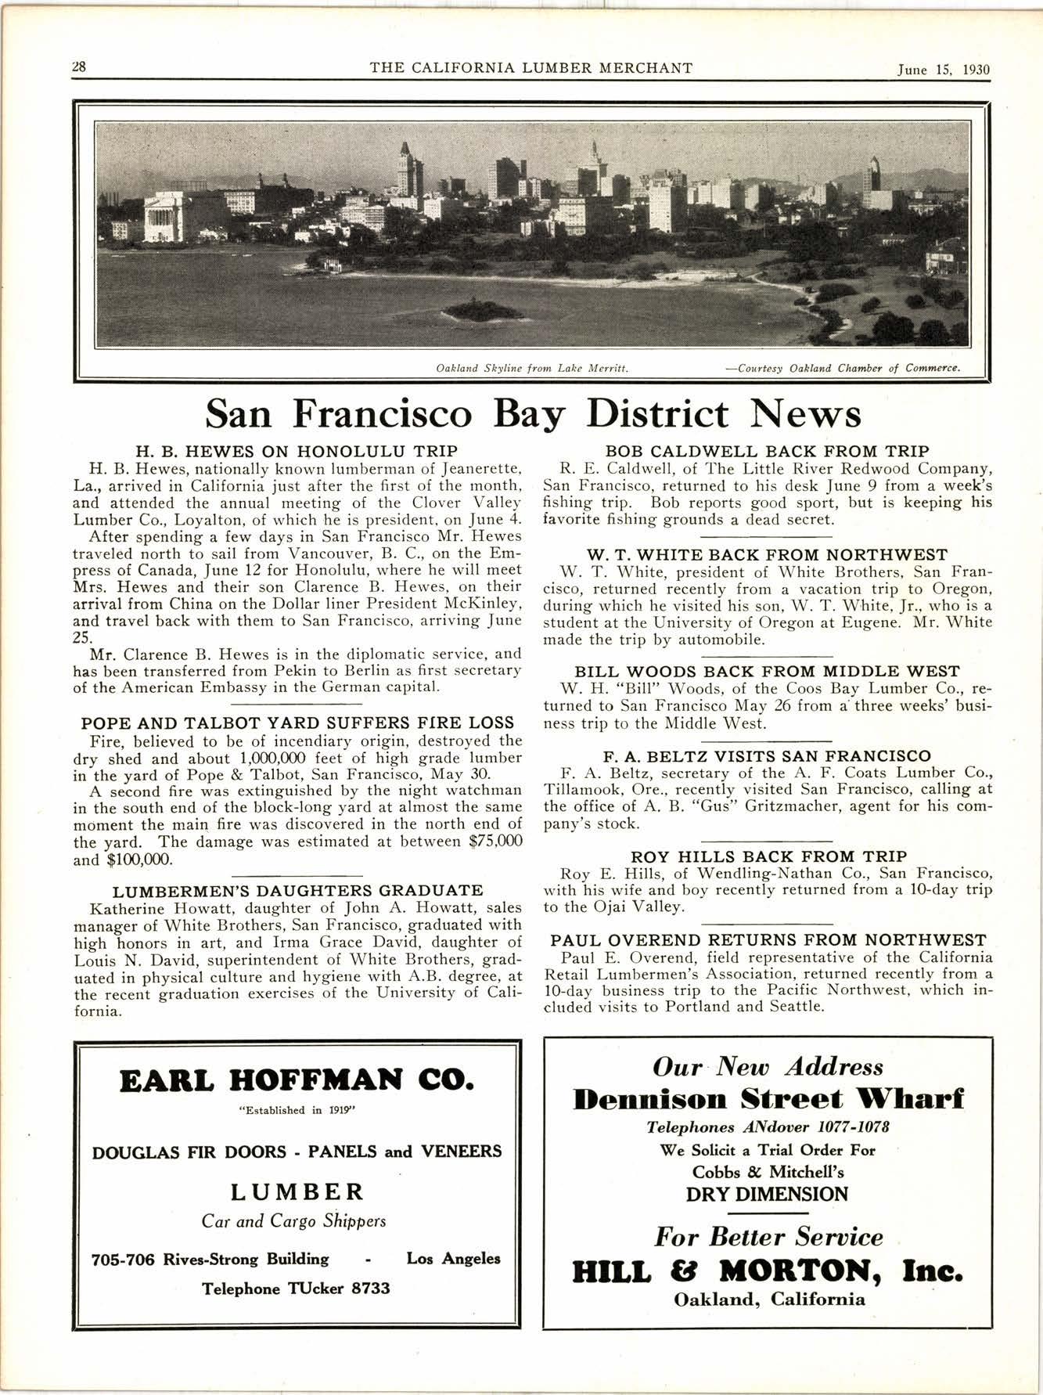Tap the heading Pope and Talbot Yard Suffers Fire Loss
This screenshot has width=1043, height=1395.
297,723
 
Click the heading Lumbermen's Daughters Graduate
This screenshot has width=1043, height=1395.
297,891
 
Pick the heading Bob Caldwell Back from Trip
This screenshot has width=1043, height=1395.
768,452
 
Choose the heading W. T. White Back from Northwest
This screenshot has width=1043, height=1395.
768,554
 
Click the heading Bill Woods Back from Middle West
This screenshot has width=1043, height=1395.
768,672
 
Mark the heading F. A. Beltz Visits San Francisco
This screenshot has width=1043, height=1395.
768,756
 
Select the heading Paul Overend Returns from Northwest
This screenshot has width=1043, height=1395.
768,940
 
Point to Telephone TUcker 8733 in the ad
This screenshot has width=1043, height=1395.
297,1288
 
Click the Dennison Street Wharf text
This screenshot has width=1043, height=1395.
768,1098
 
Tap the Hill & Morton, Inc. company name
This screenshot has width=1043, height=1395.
768,1271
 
